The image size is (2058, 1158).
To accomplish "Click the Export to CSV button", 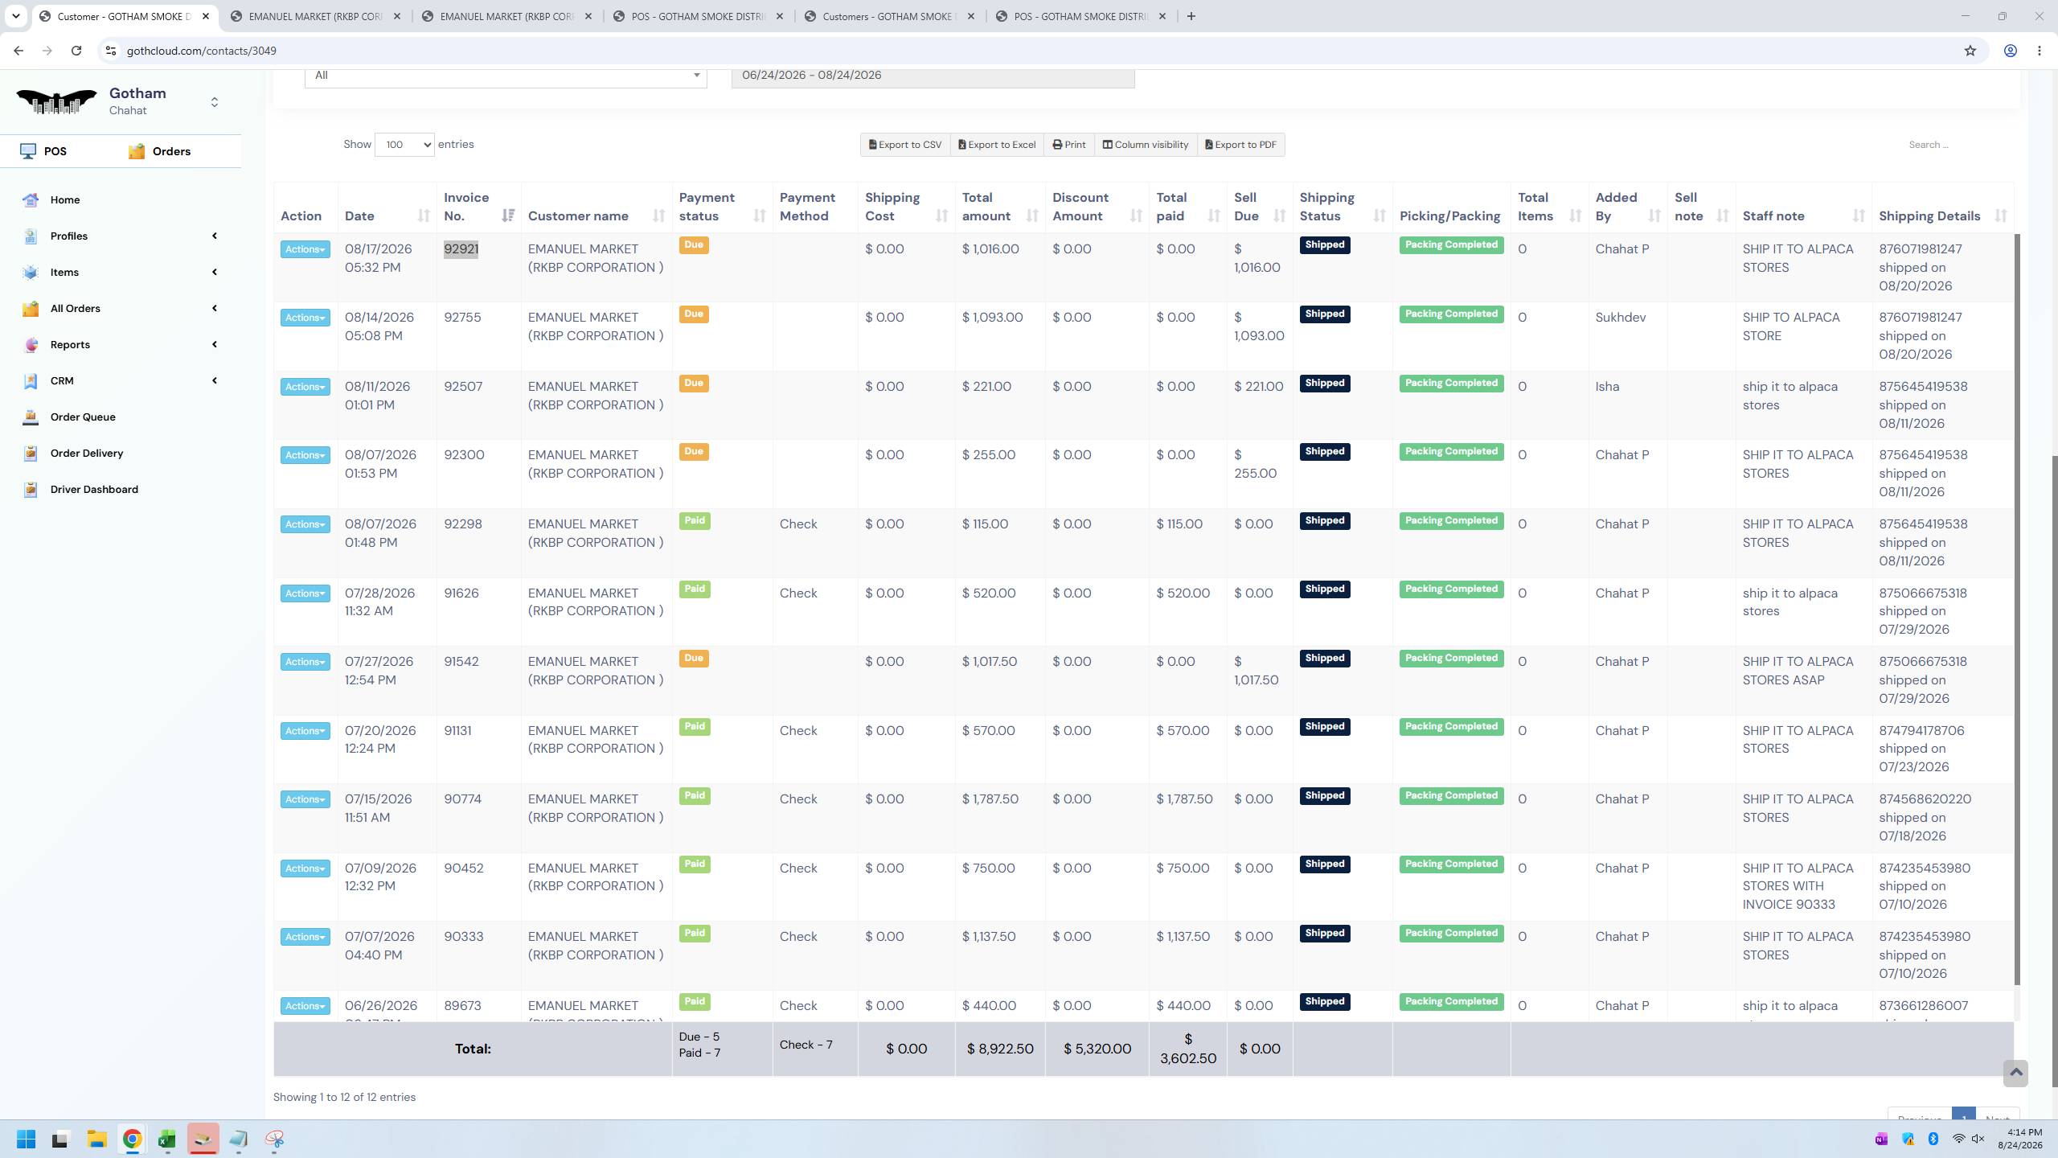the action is pyautogui.click(x=905, y=145).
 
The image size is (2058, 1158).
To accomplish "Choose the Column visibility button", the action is pyautogui.click(x=1145, y=145).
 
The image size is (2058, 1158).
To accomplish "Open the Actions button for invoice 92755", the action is pyautogui.click(x=305, y=318).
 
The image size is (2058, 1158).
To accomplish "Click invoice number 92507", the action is pyautogui.click(x=463, y=387).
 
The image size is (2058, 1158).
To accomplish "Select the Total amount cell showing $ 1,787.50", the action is pyautogui.click(x=990, y=799).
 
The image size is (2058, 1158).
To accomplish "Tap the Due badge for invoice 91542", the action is pyautogui.click(x=694, y=659).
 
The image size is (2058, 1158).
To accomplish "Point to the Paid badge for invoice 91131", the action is pyautogui.click(x=695, y=727).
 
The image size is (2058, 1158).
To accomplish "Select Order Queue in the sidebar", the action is pyautogui.click(x=83, y=417).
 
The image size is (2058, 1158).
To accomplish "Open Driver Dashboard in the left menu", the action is pyautogui.click(x=94, y=489).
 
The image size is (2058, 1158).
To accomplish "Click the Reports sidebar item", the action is pyautogui.click(x=70, y=344).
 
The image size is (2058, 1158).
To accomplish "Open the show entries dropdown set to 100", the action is pyautogui.click(x=404, y=145).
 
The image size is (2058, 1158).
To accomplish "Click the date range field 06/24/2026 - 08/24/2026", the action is pyautogui.click(x=933, y=76).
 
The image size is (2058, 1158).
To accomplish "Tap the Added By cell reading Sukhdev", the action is pyautogui.click(x=1620, y=318).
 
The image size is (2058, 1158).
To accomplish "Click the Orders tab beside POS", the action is pyautogui.click(x=160, y=151).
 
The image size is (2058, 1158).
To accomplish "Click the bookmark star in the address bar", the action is pyautogui.click(x=1970, y=51).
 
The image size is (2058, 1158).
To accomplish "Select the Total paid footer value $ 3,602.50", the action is pyautogui.click(x=1188, y=1049).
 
